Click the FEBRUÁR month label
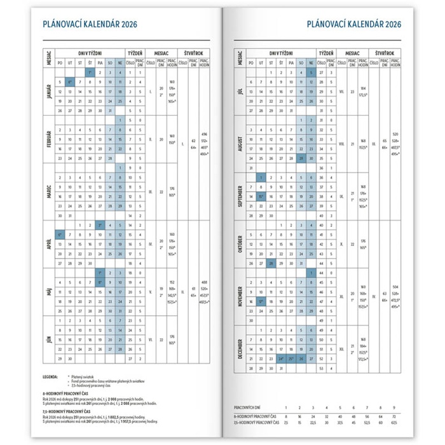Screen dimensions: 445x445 pos(48,139)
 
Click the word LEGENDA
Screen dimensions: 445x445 pos(50,376)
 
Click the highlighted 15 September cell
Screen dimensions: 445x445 pos(261,197)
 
